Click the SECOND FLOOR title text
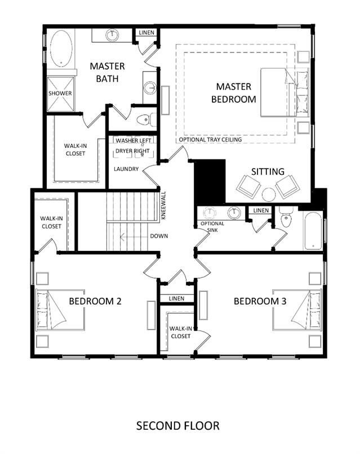(x=177, y=426)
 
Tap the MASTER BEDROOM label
(x=234, y=92)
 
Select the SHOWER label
(x=60, y=93)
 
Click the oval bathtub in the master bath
(x=61, y=49)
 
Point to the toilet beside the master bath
(x=146, y=120)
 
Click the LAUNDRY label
(x=126, y=169)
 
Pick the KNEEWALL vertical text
(x=163, y=205)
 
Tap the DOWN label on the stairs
(x=159, y=236)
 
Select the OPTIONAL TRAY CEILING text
(x=210, y=139)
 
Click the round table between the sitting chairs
(x=268, y=194)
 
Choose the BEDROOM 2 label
(x=95, y=301)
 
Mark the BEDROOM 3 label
(x=260, y=301)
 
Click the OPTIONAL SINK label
(x=212, y=227)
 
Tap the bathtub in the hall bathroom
(x=313, y=231)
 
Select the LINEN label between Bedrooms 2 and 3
(x=176, y=298)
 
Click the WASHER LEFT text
(x=134, y=140)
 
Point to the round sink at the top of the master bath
(x=112, y=36)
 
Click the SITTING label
(x=268, y=171)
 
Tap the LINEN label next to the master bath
(x=146, y=33)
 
